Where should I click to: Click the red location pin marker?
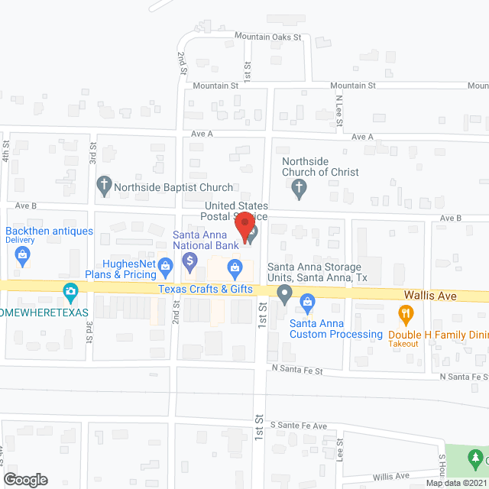(x=244, y=226)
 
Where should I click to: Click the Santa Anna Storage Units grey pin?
(x=284, y=293)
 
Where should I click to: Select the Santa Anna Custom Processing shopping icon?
(x=307, y=303)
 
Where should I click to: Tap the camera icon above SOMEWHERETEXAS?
(x=71, y=290)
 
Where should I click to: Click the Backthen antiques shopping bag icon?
(x=24, y=255)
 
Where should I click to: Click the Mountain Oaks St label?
(x=267, y=37)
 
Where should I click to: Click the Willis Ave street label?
(x=392, y=475)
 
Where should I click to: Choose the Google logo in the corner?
(x=25, y=479)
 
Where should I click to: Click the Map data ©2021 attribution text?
(x=455, y=483)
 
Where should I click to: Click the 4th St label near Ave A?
(x=5, y=150)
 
